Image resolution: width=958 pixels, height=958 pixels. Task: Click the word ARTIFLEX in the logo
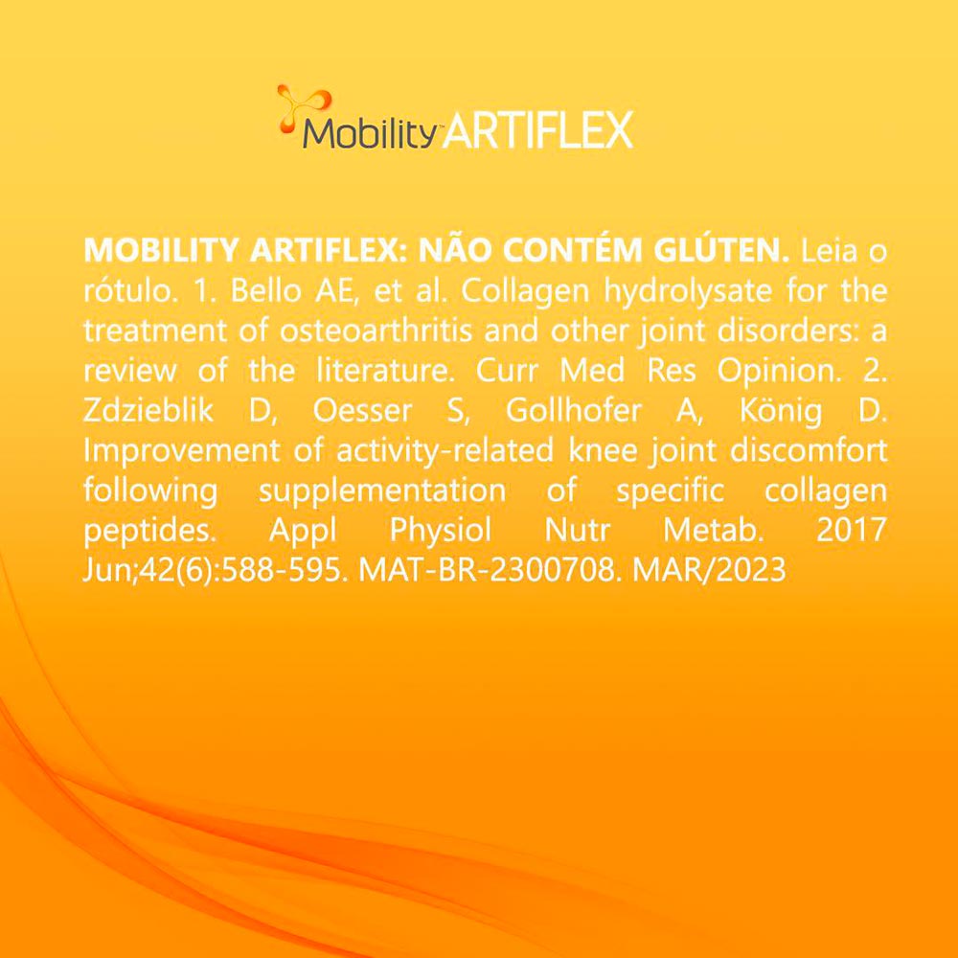click(539, 129)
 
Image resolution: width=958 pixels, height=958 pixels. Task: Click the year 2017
click(851, 531)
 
